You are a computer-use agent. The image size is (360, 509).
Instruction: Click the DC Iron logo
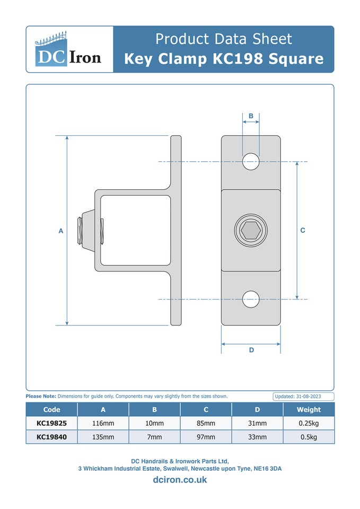coord(69,49)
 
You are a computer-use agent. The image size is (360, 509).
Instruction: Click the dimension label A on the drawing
coord(60,231)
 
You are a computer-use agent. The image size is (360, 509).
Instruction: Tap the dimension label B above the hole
coord(251,116)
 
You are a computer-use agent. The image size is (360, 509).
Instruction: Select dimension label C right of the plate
coord(303,230)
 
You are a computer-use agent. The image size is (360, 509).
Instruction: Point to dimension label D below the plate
coord(251,350)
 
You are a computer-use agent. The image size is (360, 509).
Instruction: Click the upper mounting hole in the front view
coord(251,161)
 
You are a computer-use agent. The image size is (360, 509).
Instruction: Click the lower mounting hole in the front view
coord(251,300)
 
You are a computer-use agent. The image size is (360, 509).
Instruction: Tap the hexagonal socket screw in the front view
coord(251,231)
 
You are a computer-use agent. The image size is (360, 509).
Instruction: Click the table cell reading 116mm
coord(103,423)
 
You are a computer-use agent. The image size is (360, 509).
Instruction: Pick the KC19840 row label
coord(51,437)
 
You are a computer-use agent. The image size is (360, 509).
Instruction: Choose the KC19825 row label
coord(51,423)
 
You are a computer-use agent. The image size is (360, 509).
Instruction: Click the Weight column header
coord(309,409)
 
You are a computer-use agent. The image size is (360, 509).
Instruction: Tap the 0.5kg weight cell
coord(309,437)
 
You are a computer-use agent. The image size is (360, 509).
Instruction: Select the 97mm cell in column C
coord(206,437)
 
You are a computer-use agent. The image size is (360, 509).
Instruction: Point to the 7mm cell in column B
coord(154,437)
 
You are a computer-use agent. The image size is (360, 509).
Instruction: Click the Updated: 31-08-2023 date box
coord(303,397)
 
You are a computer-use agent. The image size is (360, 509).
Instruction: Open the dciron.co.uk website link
coord(180,480)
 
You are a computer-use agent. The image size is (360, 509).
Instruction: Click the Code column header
coord(51,409)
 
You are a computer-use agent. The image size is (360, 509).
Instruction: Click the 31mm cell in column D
coord(257,423)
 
